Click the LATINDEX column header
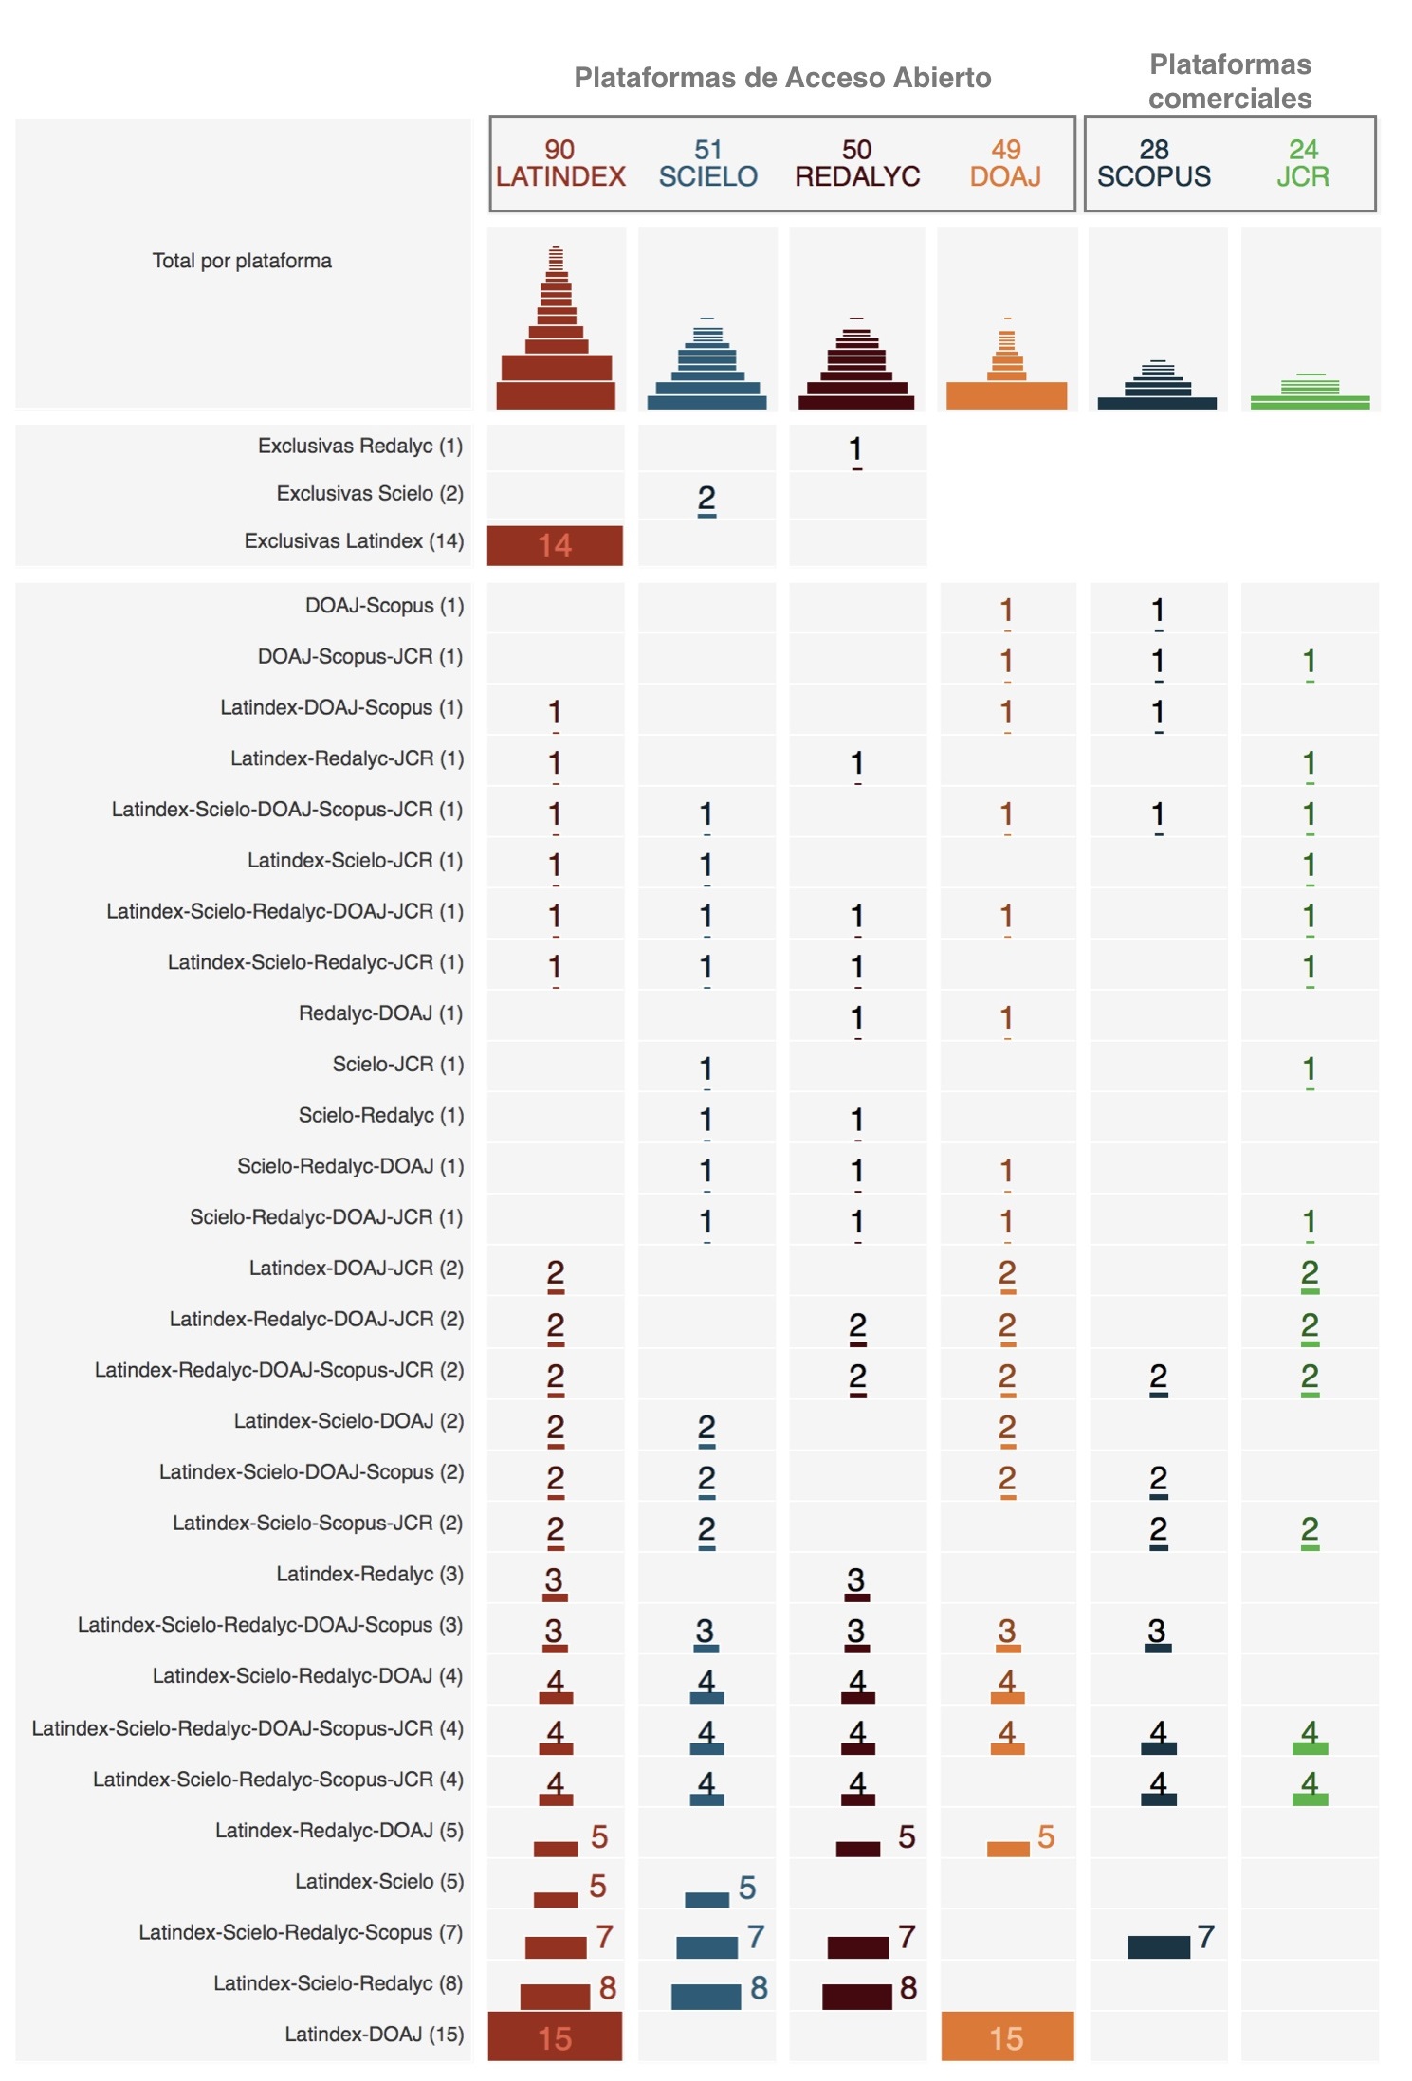[559, 163]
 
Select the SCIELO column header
[707, 163]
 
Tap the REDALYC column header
[856, 163]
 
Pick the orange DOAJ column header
[1005, 163]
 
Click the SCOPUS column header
[1153, 163]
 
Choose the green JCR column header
[1302, 163]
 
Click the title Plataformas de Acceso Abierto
[782, 78]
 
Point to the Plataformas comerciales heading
[1230, 82]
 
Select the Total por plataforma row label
[242, 261]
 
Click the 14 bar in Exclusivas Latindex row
[555, 545]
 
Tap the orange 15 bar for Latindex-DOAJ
[1007, 2036]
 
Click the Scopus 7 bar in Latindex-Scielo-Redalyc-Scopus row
[1158, 1946]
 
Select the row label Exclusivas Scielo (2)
[370, 493]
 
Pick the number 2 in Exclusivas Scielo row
[706, 499]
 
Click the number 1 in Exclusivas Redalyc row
[855, 449]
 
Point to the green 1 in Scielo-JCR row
[1309, 1069]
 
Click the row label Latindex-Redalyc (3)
[370, 1574]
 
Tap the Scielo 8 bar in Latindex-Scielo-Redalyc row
[706, 1997]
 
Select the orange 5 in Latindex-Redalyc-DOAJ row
[1045, 1836]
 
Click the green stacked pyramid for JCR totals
[1310, 391]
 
